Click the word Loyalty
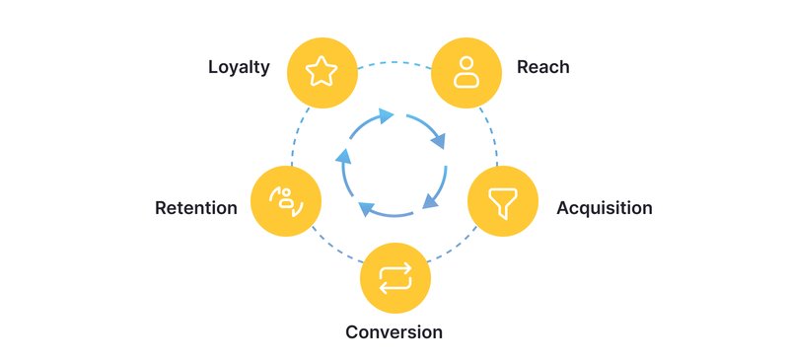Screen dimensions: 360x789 (239, 68)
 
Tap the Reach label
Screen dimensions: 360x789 (543, 68)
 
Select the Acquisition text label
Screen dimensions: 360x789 (604, 208)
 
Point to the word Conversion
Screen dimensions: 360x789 (394, 331)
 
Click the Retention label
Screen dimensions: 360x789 (196, 208)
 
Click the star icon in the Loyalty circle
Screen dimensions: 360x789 (322, 71)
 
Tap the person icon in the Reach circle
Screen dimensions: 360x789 (466, 71)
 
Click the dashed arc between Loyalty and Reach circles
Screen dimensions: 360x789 (394, 62)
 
